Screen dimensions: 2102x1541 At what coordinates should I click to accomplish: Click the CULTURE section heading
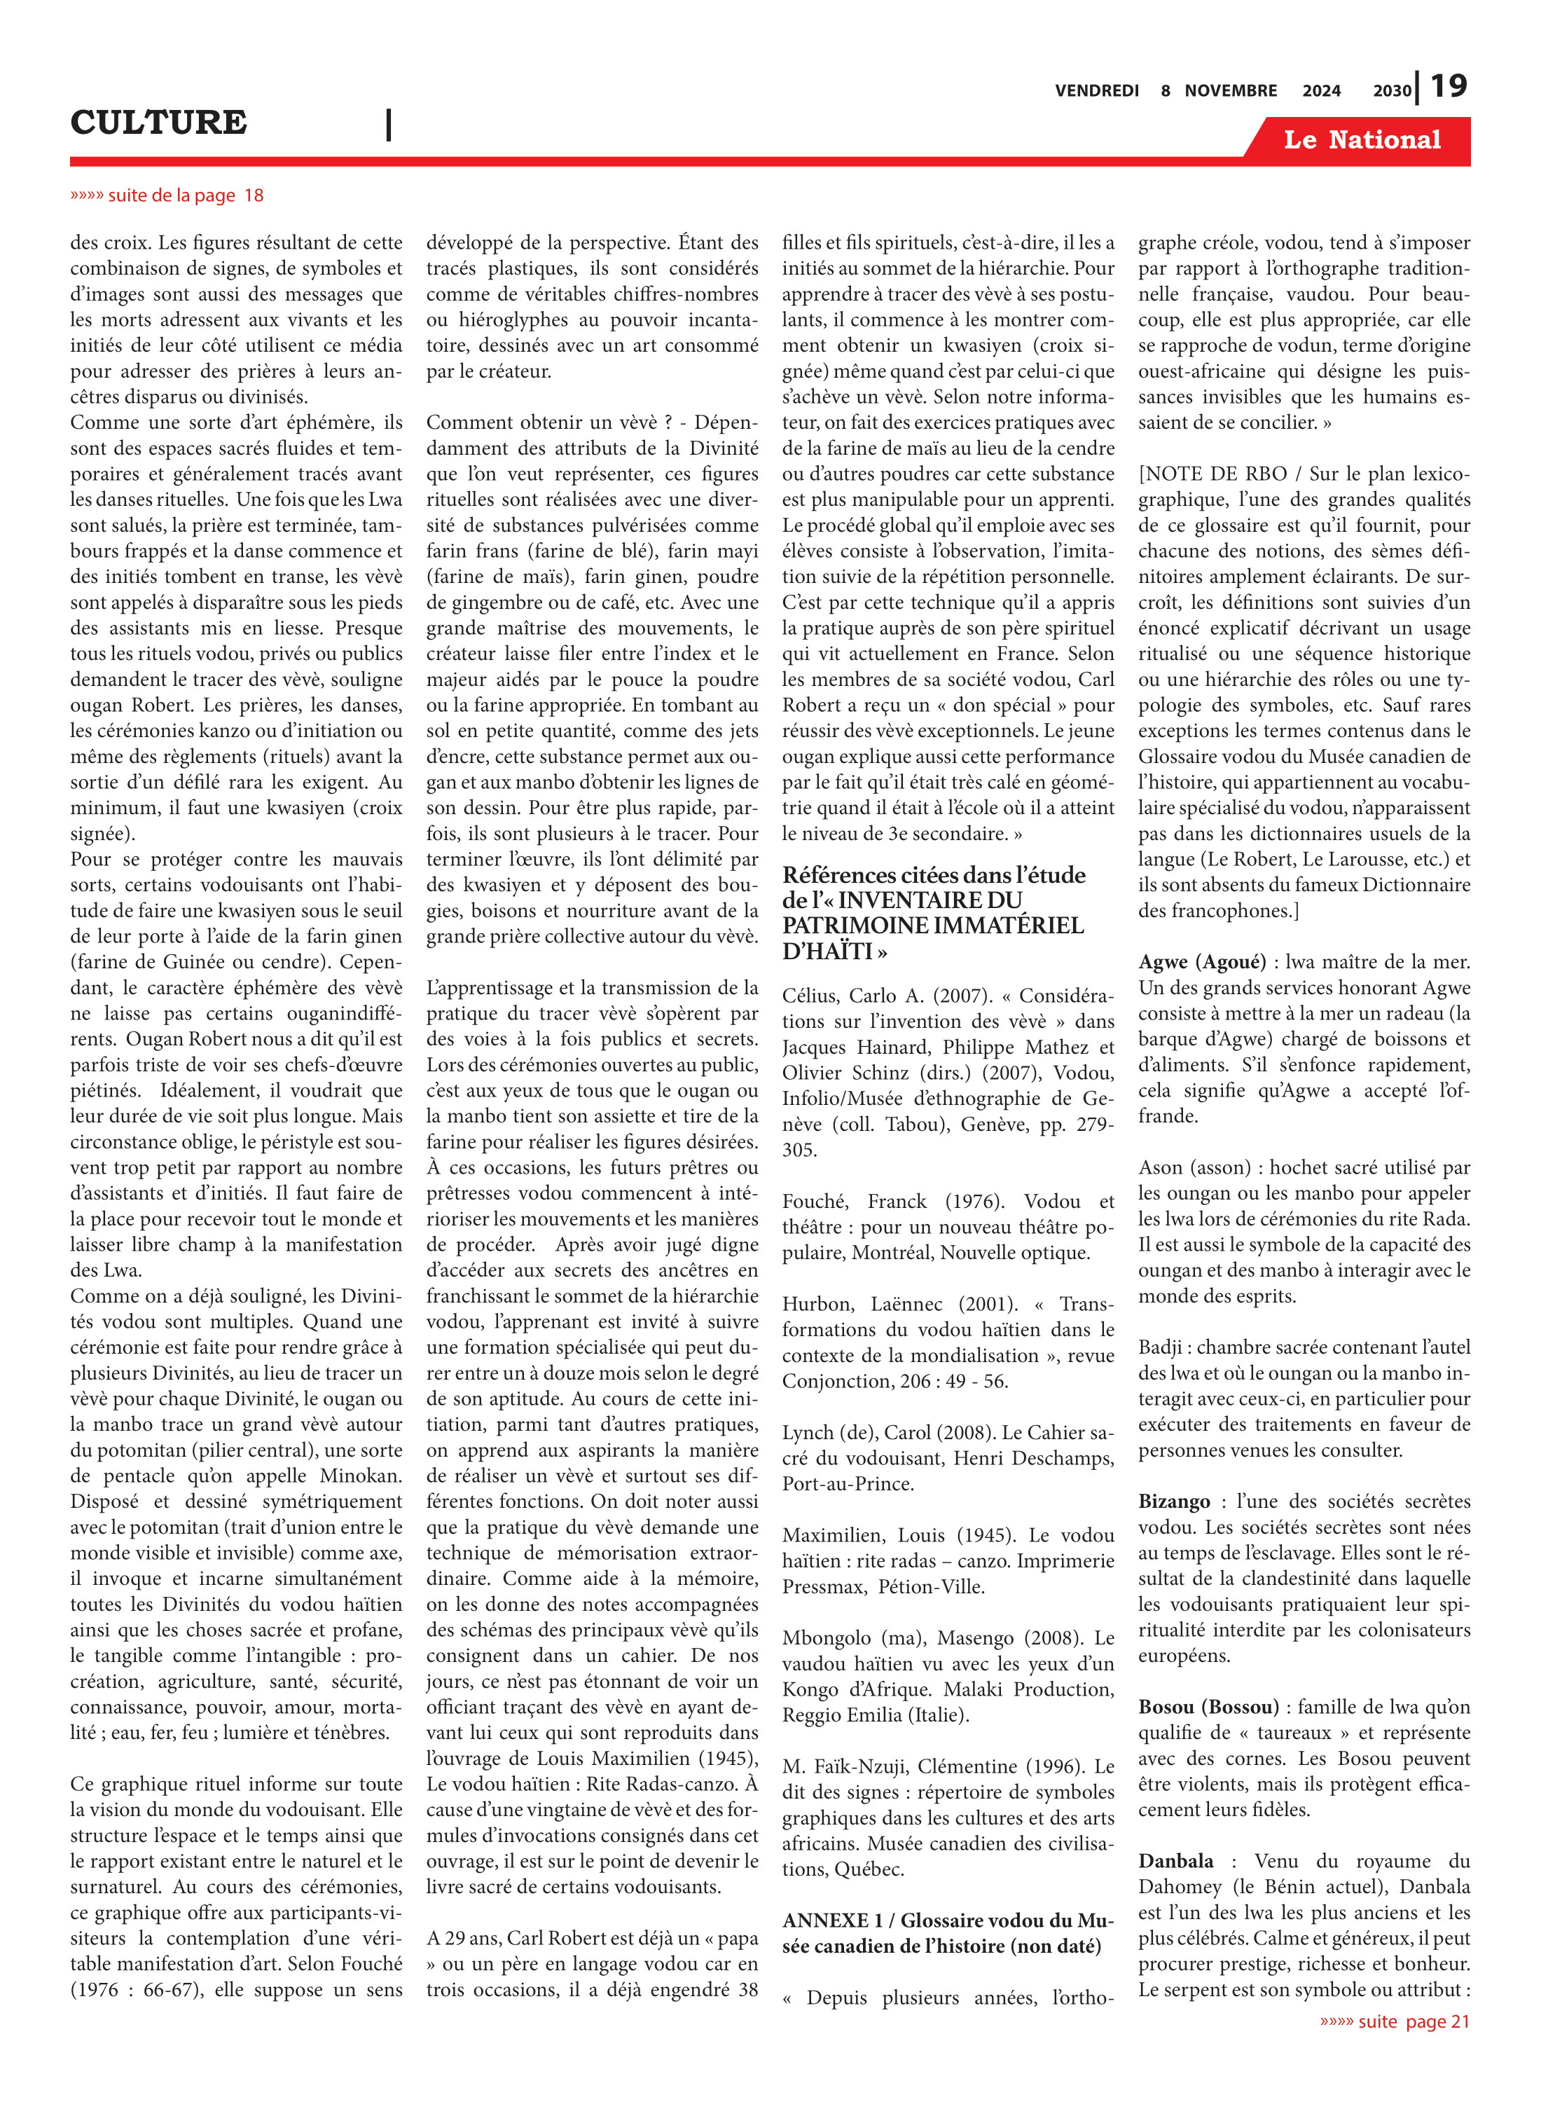pos(158,122)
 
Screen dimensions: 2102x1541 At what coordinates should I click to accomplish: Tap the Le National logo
pos(1361,140)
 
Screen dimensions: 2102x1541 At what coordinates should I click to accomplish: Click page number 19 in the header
pos(1448,87)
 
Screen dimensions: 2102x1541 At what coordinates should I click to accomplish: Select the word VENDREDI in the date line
pos(1096,90)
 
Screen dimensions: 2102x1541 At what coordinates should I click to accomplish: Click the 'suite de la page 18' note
pos(168,195)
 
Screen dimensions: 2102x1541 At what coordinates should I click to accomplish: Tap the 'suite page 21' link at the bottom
pos(1395,2021)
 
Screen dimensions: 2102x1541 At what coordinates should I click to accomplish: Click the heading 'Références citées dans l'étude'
pos(933,874)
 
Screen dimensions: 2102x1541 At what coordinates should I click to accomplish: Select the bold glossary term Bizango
pos(1173,1501)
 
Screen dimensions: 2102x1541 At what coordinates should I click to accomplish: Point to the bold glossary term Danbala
pos(1175,1861)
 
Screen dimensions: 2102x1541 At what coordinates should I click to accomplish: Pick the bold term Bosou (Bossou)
pos(1207,1706)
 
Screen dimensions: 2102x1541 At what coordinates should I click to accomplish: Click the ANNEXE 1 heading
pos(947,1920)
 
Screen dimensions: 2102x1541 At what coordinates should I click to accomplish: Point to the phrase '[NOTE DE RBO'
pos(1212,474)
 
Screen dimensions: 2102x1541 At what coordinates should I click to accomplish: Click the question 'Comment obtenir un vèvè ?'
pos(548,423)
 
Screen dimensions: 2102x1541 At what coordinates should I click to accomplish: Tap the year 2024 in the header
pos(1321,90)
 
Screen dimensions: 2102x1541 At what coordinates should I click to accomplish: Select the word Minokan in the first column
pos(361,1476)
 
